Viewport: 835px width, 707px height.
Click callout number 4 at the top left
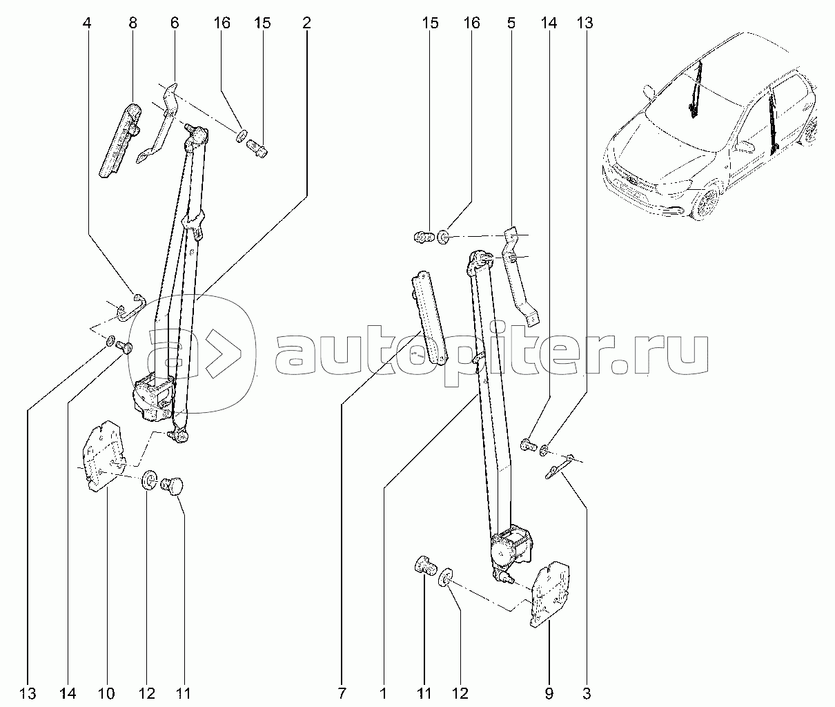(87, 23)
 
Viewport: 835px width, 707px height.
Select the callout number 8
(133, 23)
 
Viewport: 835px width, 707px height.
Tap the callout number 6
(175, 23)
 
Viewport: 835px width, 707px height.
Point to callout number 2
(306, 23)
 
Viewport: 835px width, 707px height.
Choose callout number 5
(511, 23)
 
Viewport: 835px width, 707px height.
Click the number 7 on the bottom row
(342, 694)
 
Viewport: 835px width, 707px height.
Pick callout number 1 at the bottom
(384, 694)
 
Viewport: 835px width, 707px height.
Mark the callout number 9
(549, 694)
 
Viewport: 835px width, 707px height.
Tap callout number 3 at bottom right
(587, 694)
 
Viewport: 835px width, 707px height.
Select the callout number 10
(107, 694)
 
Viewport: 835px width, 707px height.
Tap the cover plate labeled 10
(103, 456)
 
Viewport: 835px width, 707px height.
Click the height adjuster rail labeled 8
(120, 140)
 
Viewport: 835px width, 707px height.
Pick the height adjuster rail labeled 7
(429, 318)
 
